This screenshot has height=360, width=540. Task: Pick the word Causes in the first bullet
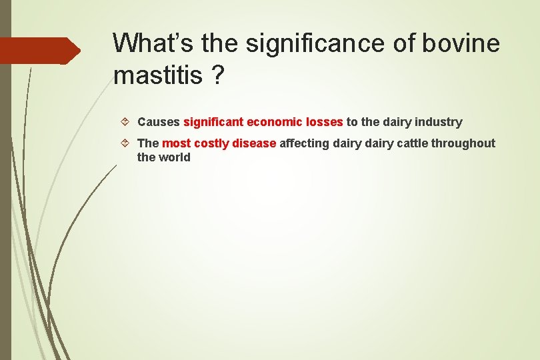tap(158, 122)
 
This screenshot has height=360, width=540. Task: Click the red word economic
tap(275, 122)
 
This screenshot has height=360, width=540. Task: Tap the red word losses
tap(325, 122)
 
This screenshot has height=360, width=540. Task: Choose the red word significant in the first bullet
tap(213, 122)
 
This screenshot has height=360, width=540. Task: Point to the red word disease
tap(254, 143)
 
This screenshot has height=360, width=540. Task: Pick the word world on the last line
tap(174, 157)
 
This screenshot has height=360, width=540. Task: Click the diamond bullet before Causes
tap(127, 122)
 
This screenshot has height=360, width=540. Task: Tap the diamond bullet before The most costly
tap(127, 143)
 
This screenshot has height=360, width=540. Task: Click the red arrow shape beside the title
tap(40, 51)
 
